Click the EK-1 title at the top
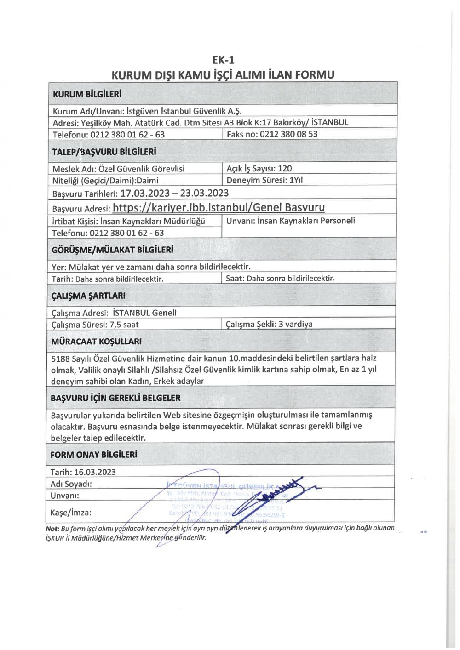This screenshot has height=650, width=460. tap(223, 60)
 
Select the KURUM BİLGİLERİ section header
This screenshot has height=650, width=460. tap(87, 95)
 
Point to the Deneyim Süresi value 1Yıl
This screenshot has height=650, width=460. tap(296, 180)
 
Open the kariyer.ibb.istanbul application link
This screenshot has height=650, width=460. tap(218, 208)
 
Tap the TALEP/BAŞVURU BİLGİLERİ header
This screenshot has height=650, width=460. tap(104, 152)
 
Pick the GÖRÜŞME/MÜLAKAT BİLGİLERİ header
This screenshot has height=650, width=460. tap(112, 250)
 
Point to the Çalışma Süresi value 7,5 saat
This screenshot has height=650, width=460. tap(124, 325)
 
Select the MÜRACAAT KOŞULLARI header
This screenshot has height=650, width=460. tap(96, 342)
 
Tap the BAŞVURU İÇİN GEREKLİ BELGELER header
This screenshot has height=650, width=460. tap(115, 398)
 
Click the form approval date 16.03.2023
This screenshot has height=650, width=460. tap(95, 472)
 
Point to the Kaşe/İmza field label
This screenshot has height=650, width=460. tap(71, 513)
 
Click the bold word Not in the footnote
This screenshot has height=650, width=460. tap(52, 529)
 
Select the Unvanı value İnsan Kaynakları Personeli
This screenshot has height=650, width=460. tap(306, 221)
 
